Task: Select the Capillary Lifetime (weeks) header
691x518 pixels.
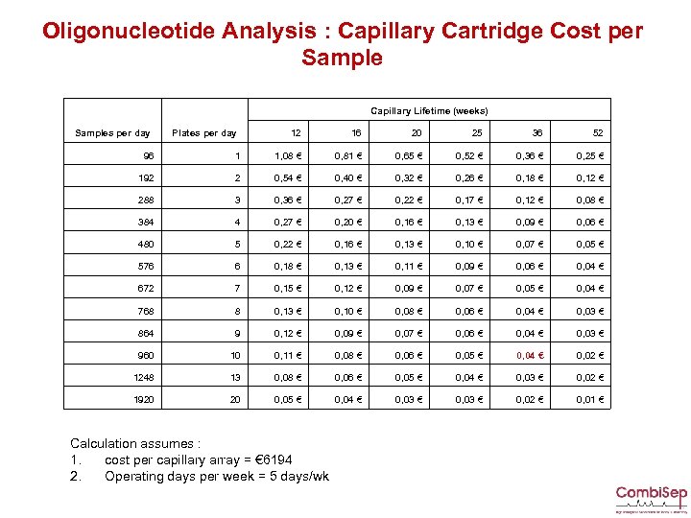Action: [x=429, y=110]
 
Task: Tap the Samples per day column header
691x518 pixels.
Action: [x=112, y=132]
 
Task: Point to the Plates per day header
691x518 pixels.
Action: [x=203, y=132]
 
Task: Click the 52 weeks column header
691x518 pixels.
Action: [x=599, y=132]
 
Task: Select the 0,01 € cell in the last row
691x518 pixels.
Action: [x=589, y=399]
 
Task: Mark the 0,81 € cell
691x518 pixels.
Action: [x=347, y=154]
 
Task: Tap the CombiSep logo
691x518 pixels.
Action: [x=651, y=497]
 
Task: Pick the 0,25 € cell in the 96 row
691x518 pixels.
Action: [x=589, y=154]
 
